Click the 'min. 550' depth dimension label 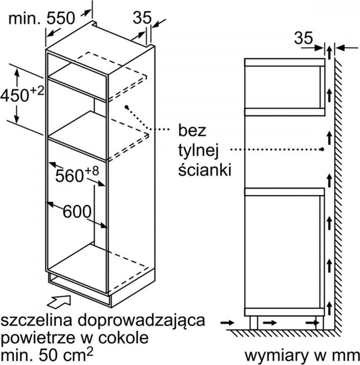[42, 18]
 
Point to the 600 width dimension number [77, 211]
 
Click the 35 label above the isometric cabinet [142, 17]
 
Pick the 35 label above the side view [303, 38]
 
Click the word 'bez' [192, 130]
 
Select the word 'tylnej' [198, 151]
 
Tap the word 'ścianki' [205, 169]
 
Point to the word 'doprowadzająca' [141, 321]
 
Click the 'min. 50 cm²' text [47, 354]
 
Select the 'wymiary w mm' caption [302, 356]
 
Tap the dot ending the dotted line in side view [322, 149]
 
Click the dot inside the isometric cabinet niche [127, 107]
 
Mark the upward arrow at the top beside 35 [329, 53]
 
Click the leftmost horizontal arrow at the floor [227, 322]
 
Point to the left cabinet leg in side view [254, 322]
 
